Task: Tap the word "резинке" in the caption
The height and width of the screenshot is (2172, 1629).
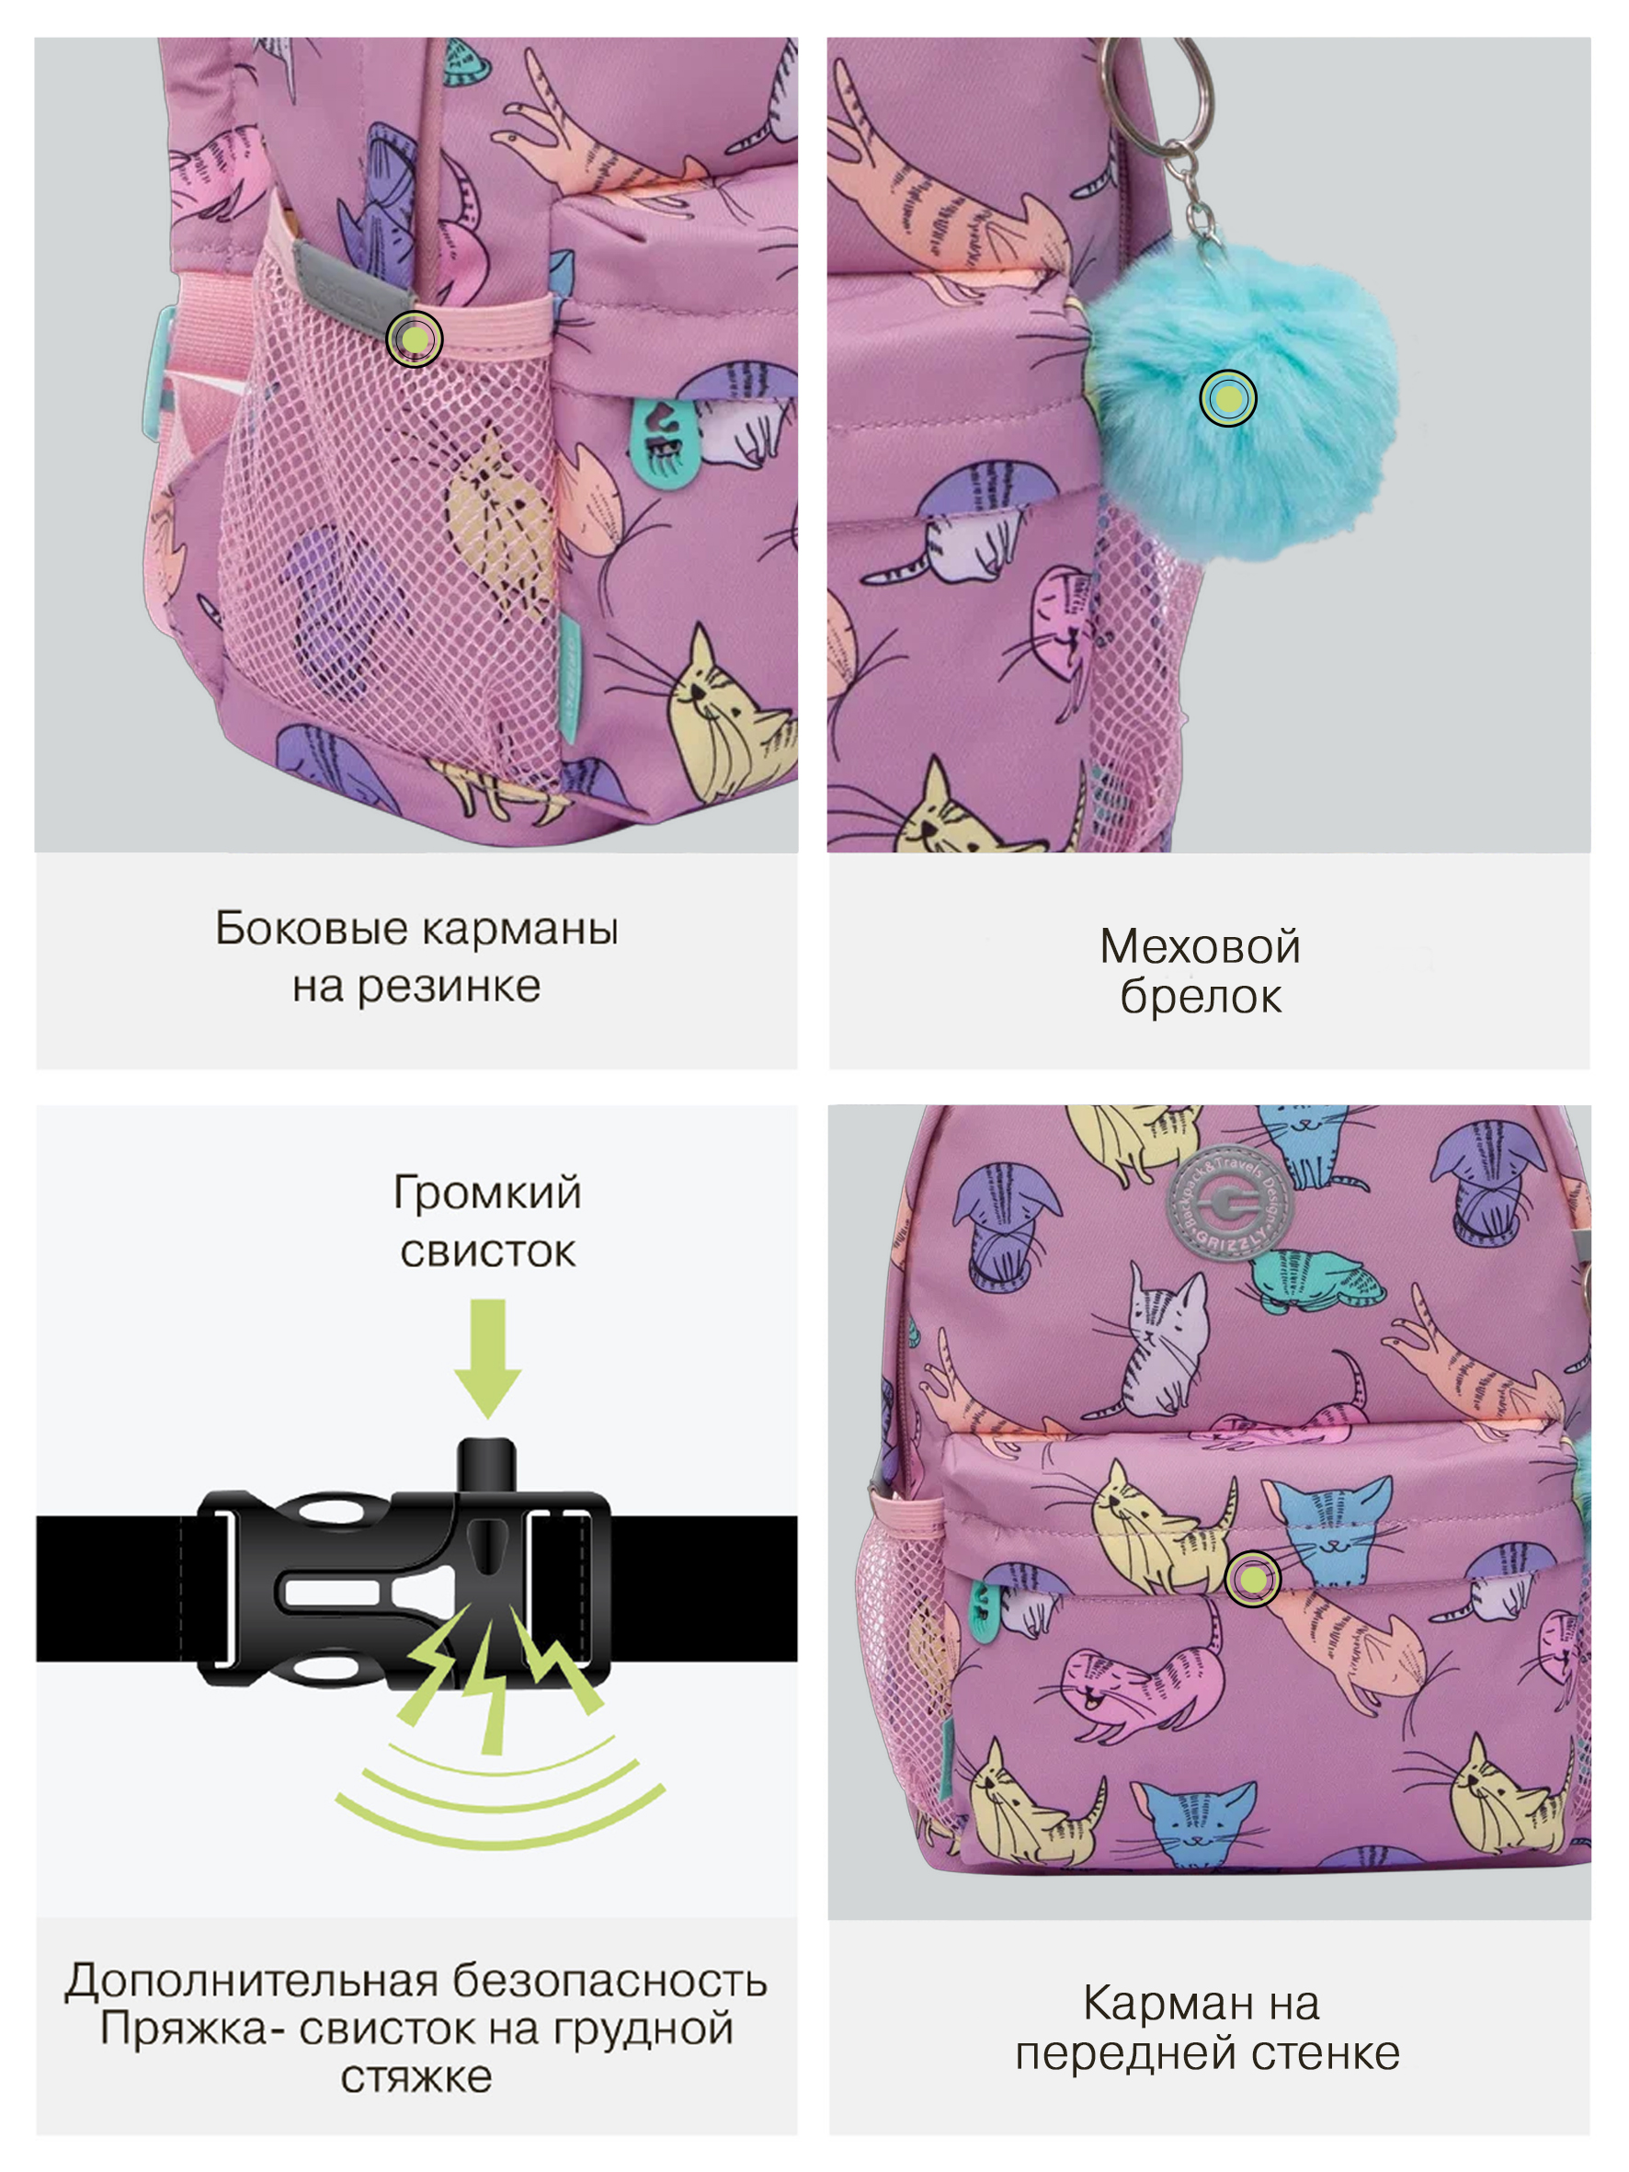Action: coord(448,987)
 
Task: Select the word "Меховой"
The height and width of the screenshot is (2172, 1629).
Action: coord(1200,946)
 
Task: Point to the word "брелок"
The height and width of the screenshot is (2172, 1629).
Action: coord(1200,998)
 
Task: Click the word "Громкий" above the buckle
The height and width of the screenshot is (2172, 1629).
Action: coord(487,1193)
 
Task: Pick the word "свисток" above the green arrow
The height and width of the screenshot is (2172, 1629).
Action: coord(487,1252)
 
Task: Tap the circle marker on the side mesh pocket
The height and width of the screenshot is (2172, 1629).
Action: coord(415,338)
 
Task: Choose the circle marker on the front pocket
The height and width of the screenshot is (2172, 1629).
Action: coord(1253,1580)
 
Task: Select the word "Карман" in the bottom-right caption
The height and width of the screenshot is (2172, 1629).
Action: coord(1155,2003)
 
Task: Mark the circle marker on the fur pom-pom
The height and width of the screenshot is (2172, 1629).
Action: coord(1227,397)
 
